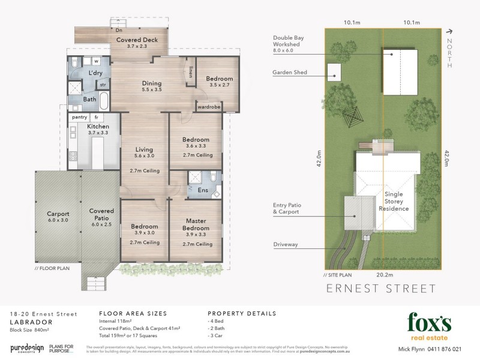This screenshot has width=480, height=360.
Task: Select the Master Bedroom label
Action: click(196, 224)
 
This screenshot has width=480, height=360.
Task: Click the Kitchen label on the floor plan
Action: click(98, 127)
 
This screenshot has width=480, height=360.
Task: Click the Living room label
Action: click(144, 149)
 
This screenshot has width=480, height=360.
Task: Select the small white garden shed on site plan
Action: click(334, 72)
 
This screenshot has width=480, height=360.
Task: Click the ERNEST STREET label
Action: click(381, 288)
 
